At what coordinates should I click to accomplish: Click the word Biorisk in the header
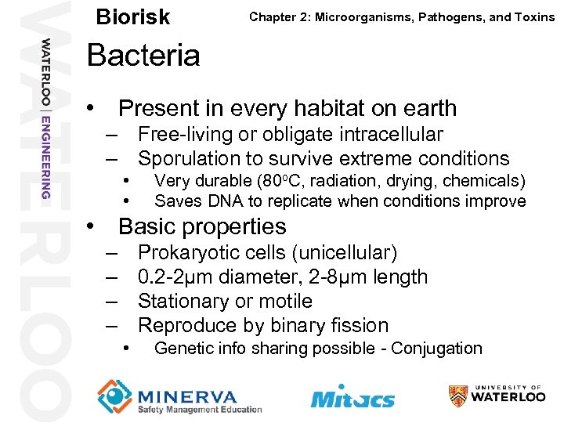pyautogui.click(x=132, y=17)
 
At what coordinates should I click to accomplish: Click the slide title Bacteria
pyautogui.click(x=143, y=56)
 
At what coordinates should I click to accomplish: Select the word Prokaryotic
pyautogui.click(x=189, y=253)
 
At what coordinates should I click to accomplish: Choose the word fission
pyautogui.click(x=360, y=326)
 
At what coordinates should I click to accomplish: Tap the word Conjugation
pyautogui.click(x=436, y=349)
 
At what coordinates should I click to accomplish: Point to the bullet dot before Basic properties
pyautogui.click(x=92, y=227)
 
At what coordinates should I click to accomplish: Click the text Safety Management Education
pyautogui.click(x=200, y=410)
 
